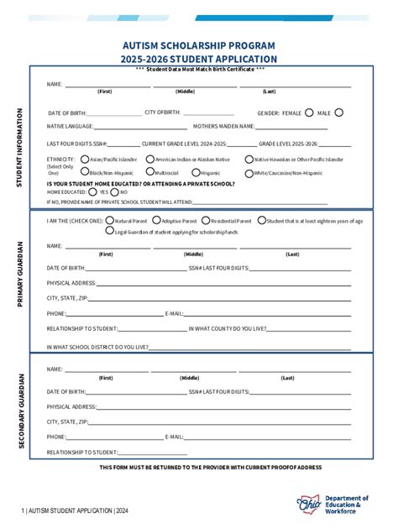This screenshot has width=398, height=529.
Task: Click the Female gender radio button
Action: (x=310, y=112)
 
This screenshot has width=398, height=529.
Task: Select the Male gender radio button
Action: (x=339, y=112)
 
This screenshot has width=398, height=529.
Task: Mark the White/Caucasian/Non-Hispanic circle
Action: (x=249, y=173)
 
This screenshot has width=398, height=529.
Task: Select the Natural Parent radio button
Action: (x=109, y=220)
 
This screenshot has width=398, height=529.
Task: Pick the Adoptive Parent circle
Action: (x=156, y=220)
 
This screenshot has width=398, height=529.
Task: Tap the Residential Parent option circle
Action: (x=206, y=220)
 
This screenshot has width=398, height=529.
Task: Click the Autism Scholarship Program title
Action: (x=198, y=45)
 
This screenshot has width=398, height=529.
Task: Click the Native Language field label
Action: (x=70, y=126)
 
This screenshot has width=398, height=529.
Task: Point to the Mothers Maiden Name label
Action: (x=223, y=126)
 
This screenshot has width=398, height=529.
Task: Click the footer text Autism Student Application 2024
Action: (x=76, y=510)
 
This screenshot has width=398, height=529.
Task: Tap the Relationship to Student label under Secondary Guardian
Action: (x=82, y=452)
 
